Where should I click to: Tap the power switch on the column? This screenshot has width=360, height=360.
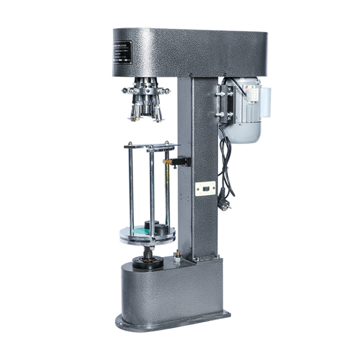tap(205, 188)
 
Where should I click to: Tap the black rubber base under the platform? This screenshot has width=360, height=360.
tap(147, 263)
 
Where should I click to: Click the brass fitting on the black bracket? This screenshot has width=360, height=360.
tap(167, 162)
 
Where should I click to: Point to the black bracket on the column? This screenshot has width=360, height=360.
tap(181, 161)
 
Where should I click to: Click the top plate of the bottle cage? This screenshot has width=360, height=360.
tap(151, 146)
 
